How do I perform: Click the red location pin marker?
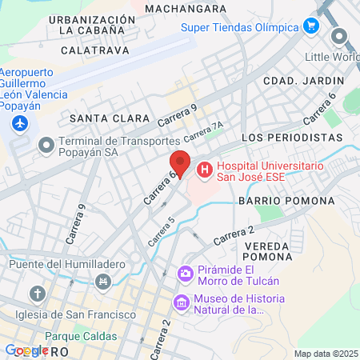pos(180,162)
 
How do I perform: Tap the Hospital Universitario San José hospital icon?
pos(204,170)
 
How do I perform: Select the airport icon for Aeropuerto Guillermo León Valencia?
pos(20,124)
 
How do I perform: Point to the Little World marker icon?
pos(339,37)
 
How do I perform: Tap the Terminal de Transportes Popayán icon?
pos(45,143)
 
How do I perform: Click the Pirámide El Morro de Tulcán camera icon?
pos(186,274)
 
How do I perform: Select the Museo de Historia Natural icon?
pos(181,302)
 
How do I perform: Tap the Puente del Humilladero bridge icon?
pos(102,281)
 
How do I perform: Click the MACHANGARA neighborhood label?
pos(186,8)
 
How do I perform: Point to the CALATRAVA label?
pos(90,50)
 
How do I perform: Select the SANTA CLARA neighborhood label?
pos(100,118)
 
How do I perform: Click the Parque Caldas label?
pos(81,337)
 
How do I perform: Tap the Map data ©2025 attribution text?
pos(326,354)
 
